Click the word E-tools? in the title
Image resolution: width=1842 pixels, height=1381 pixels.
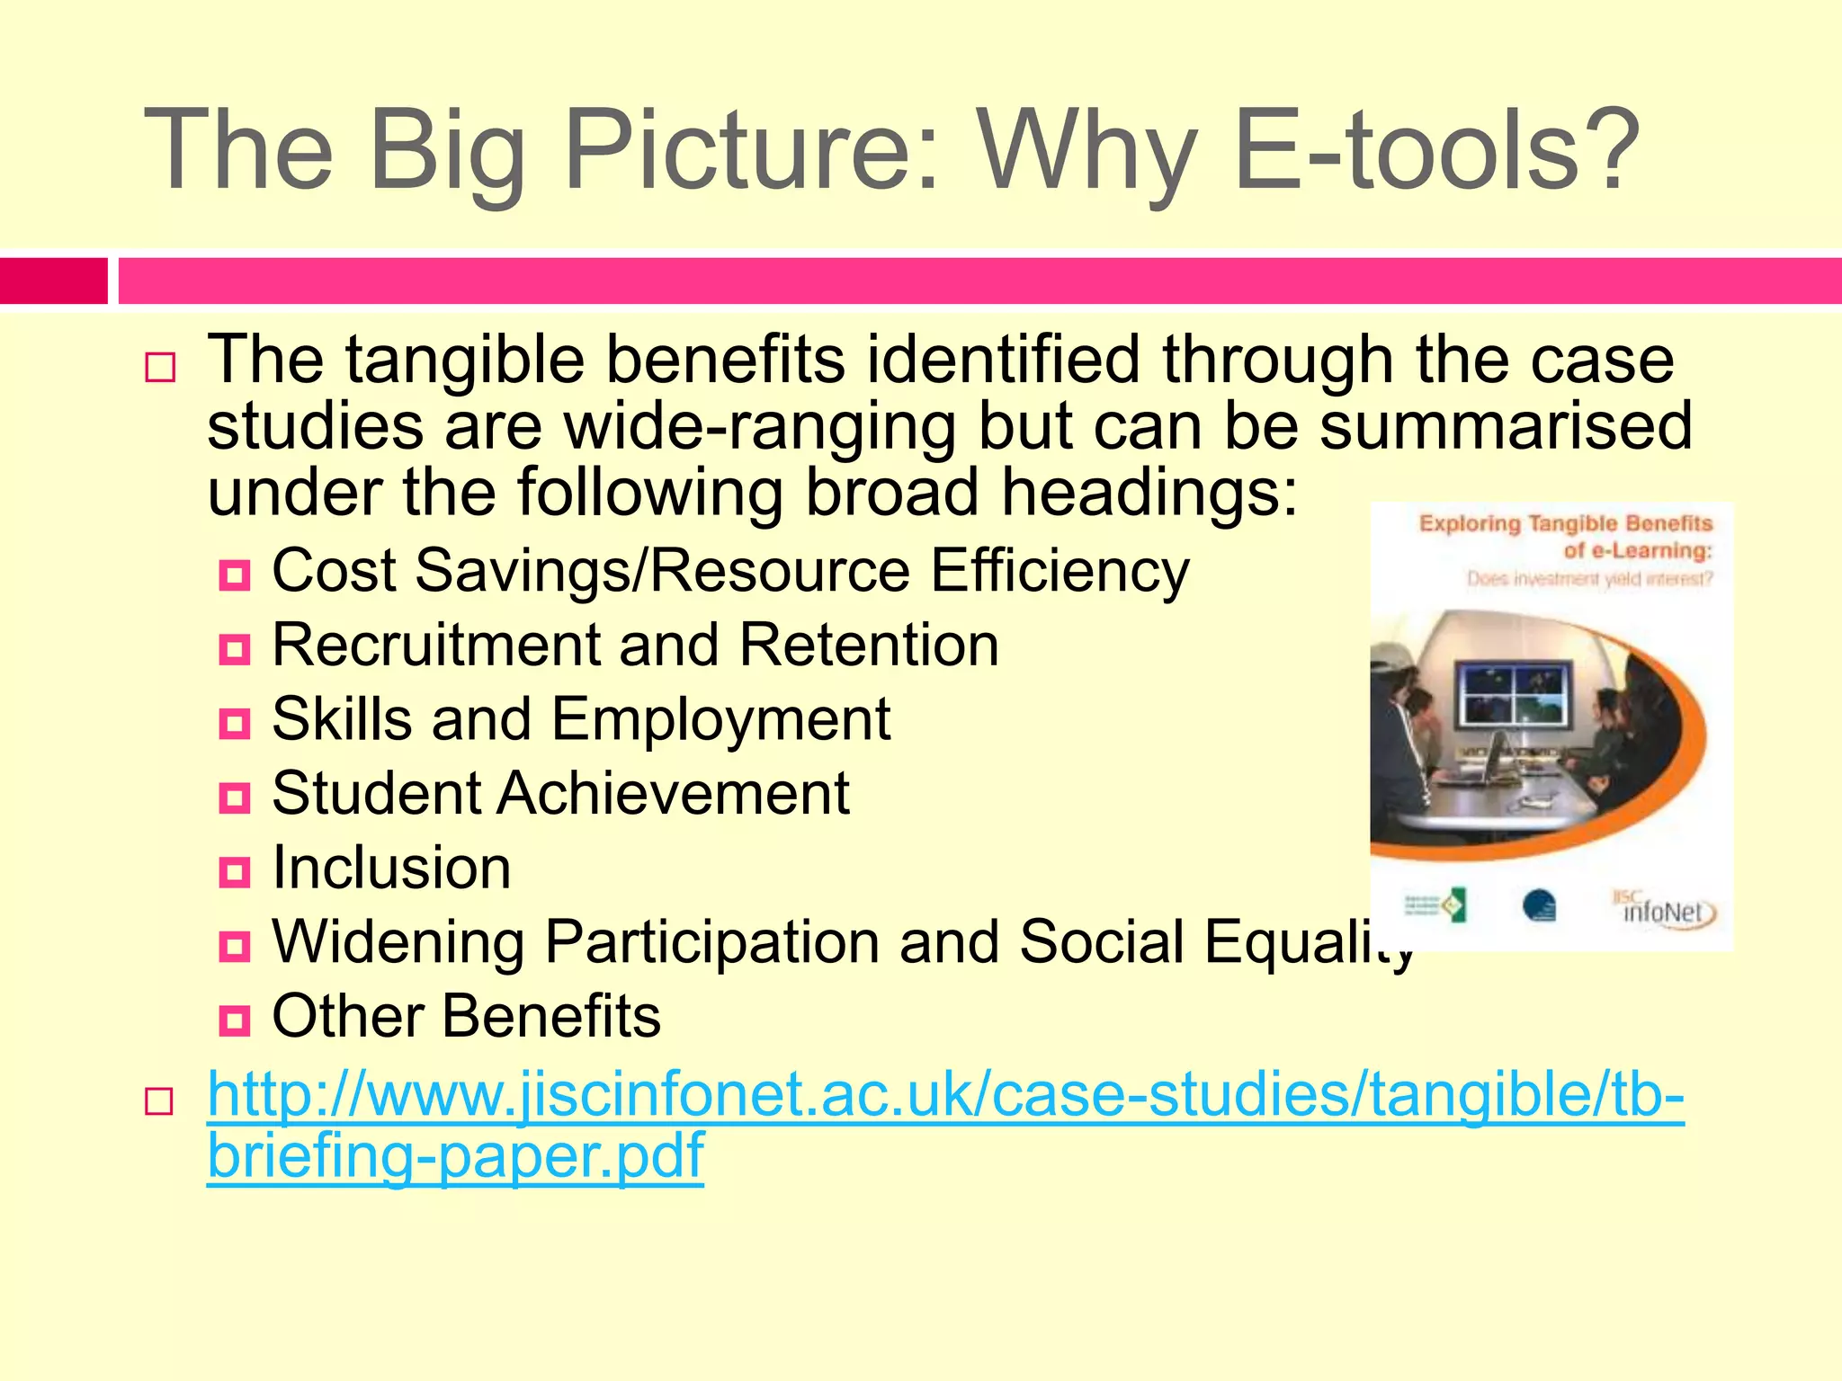[x=1437, y=151]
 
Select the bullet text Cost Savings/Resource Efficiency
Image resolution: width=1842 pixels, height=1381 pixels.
[x=730, y=571]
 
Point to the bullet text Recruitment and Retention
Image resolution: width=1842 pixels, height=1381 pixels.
[x=635, y=646]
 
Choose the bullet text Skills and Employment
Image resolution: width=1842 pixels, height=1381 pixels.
[x=581, y=719]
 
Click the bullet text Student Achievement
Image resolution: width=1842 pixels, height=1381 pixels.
[x=560, y=794]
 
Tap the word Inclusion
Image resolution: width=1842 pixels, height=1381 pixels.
[x=391, y=868]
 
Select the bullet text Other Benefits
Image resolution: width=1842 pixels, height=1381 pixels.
[x=466, y=1016]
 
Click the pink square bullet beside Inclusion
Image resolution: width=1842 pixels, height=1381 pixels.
[x=235, y=871]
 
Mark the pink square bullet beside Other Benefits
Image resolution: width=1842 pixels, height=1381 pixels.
[x=235, y=1020]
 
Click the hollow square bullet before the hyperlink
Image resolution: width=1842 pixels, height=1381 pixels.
[x=159, y=1100]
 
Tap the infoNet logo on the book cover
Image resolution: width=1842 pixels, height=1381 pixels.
[x=1664, y=910]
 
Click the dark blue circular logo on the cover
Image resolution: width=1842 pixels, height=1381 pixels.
[x=1540, y=905]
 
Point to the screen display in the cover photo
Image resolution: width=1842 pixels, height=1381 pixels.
[x=1515, y=693]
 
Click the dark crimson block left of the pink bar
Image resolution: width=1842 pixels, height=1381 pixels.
[x=53, y=281]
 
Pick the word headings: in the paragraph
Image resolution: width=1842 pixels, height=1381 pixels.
[x=1150, y=493]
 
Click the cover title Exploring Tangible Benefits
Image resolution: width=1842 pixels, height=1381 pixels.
[x=1565, y=524]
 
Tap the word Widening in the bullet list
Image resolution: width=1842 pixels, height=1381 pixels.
[x=398, y=942]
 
